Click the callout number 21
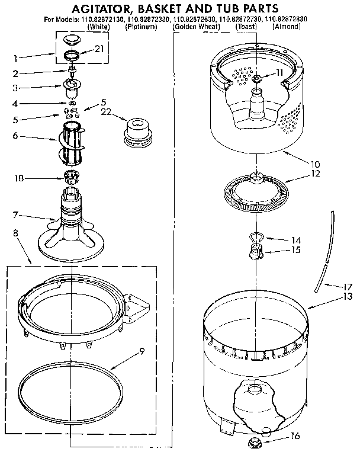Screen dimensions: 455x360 (x=98, y=49)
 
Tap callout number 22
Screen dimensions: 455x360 (x=107, y=111)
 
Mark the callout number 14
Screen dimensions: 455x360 (x=296, y=240)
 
